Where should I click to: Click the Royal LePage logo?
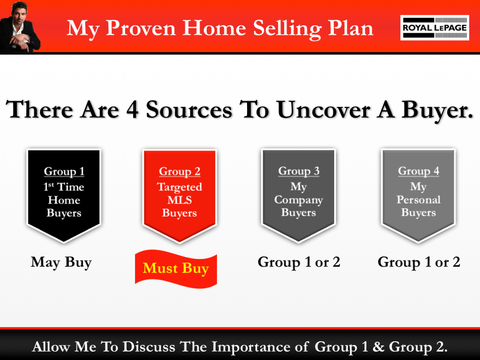(435, 28)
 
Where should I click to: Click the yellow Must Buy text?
(176, 269)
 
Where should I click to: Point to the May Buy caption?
(61, 262)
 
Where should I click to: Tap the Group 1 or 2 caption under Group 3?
(299, 262)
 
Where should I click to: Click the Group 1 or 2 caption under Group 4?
(419, 262)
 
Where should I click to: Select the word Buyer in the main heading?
(436, 111)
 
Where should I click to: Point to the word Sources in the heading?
(189, 110)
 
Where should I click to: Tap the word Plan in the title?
(352, 29)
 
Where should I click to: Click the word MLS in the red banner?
(180, 200)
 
